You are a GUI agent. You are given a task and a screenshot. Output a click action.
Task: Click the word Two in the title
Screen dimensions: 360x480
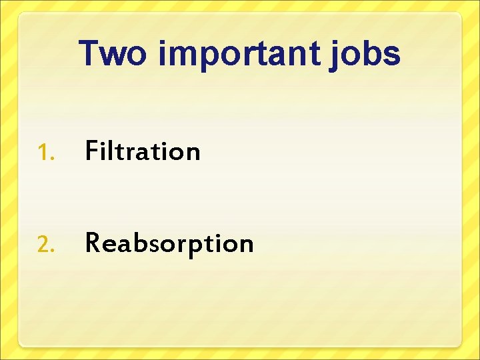click(112, 53)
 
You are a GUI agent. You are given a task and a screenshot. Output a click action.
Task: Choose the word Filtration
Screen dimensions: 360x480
click(143, 151)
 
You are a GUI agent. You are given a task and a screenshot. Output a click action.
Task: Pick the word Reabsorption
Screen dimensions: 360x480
click(169, 243)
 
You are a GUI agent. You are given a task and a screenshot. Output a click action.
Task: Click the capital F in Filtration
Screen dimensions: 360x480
click(91, 151)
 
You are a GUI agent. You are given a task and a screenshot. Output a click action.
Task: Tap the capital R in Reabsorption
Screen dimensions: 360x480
click(93, 243)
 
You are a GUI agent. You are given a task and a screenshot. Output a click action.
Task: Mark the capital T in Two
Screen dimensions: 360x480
click(90, 53)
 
